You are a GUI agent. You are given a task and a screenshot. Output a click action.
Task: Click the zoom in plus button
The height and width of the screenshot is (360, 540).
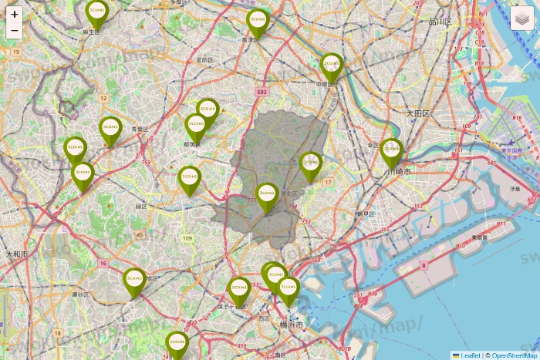point(15,14)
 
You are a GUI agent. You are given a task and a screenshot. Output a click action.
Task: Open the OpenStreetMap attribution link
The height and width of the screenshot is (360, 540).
point(514,355)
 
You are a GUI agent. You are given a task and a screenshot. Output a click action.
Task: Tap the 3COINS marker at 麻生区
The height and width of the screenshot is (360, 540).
point(96,11)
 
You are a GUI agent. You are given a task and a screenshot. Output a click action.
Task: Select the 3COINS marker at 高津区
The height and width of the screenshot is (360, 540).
point(258,21)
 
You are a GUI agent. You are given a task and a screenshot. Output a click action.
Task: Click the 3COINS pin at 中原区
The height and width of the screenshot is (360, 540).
point(332,64)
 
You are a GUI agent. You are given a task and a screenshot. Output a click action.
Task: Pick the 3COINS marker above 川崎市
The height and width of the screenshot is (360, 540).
point(392,149)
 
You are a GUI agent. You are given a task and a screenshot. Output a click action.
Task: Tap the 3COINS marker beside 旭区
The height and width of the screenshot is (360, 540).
point(135,279)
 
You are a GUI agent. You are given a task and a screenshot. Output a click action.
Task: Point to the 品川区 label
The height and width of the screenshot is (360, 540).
point(440,22)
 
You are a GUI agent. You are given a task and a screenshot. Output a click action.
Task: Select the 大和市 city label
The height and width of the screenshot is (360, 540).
point(16,254)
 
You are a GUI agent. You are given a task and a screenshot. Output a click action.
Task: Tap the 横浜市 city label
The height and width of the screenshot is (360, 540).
point(292,327)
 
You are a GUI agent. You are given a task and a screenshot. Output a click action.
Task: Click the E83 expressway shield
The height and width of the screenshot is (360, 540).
point(262,92)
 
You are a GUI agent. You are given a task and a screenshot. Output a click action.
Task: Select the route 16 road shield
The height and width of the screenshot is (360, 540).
point(103,264)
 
